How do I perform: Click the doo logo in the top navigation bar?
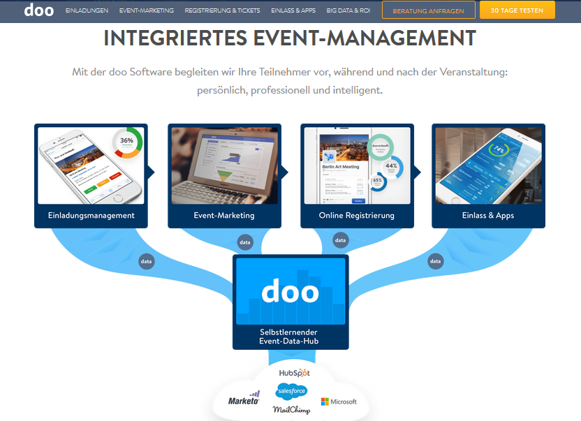click(x=38, y=10)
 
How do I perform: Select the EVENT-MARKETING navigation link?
click(x=147, y=11)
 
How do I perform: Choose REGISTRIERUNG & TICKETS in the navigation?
click(x=222, y=11)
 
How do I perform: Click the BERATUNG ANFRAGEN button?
click(x=428, y=11)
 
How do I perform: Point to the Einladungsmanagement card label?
click(x=91, y=215)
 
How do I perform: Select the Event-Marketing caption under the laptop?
click(x=224, y=215)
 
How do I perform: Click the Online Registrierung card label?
click(x=357, y=215)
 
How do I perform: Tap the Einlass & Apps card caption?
click(x=488, y=215)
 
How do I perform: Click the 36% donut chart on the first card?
click(x=126, y=142)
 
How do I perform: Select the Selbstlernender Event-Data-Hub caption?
click(x=290, y=336)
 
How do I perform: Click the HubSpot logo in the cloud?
click(x=294, y=374)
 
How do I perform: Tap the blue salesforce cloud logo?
click(x=291, y=391)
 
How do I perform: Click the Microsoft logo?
click(x=339, y=401)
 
